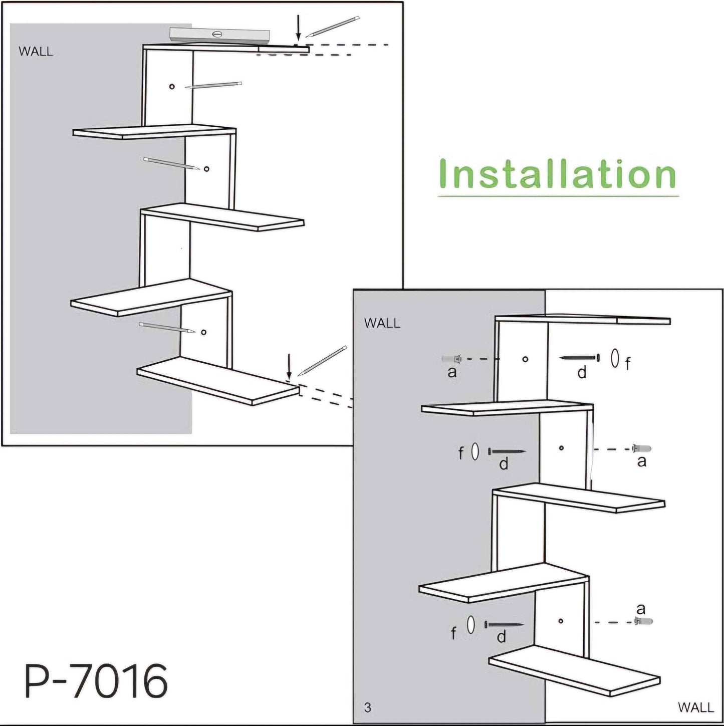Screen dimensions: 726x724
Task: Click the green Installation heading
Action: click(557, 174)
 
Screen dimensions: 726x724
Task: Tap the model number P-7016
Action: click(96, 681)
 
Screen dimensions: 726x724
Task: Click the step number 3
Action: click(368, 707)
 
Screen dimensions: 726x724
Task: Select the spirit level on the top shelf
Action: click(219, 35)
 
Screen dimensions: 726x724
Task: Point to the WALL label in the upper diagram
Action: click(36, 52)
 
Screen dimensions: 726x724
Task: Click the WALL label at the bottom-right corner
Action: click(695, 707)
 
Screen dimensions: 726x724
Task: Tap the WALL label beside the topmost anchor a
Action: click(382, 323)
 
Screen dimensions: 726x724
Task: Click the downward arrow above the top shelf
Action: click(298, 28)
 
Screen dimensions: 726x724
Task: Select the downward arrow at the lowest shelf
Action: click(289, 367)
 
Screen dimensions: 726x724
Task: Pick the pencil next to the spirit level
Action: click(333, 27)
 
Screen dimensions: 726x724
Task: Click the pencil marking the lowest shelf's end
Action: click(322, 361)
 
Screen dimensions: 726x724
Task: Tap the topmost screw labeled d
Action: click(579, 358)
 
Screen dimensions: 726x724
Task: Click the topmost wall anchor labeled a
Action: click(451, 359)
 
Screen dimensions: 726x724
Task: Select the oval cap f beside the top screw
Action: click(615, 358)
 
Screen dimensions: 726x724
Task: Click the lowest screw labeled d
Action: click(504, 625)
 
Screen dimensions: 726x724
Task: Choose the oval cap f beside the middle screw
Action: click(475, 452)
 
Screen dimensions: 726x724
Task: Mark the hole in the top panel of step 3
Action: click(525, 359)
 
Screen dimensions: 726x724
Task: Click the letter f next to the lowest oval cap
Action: click(453, 633)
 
